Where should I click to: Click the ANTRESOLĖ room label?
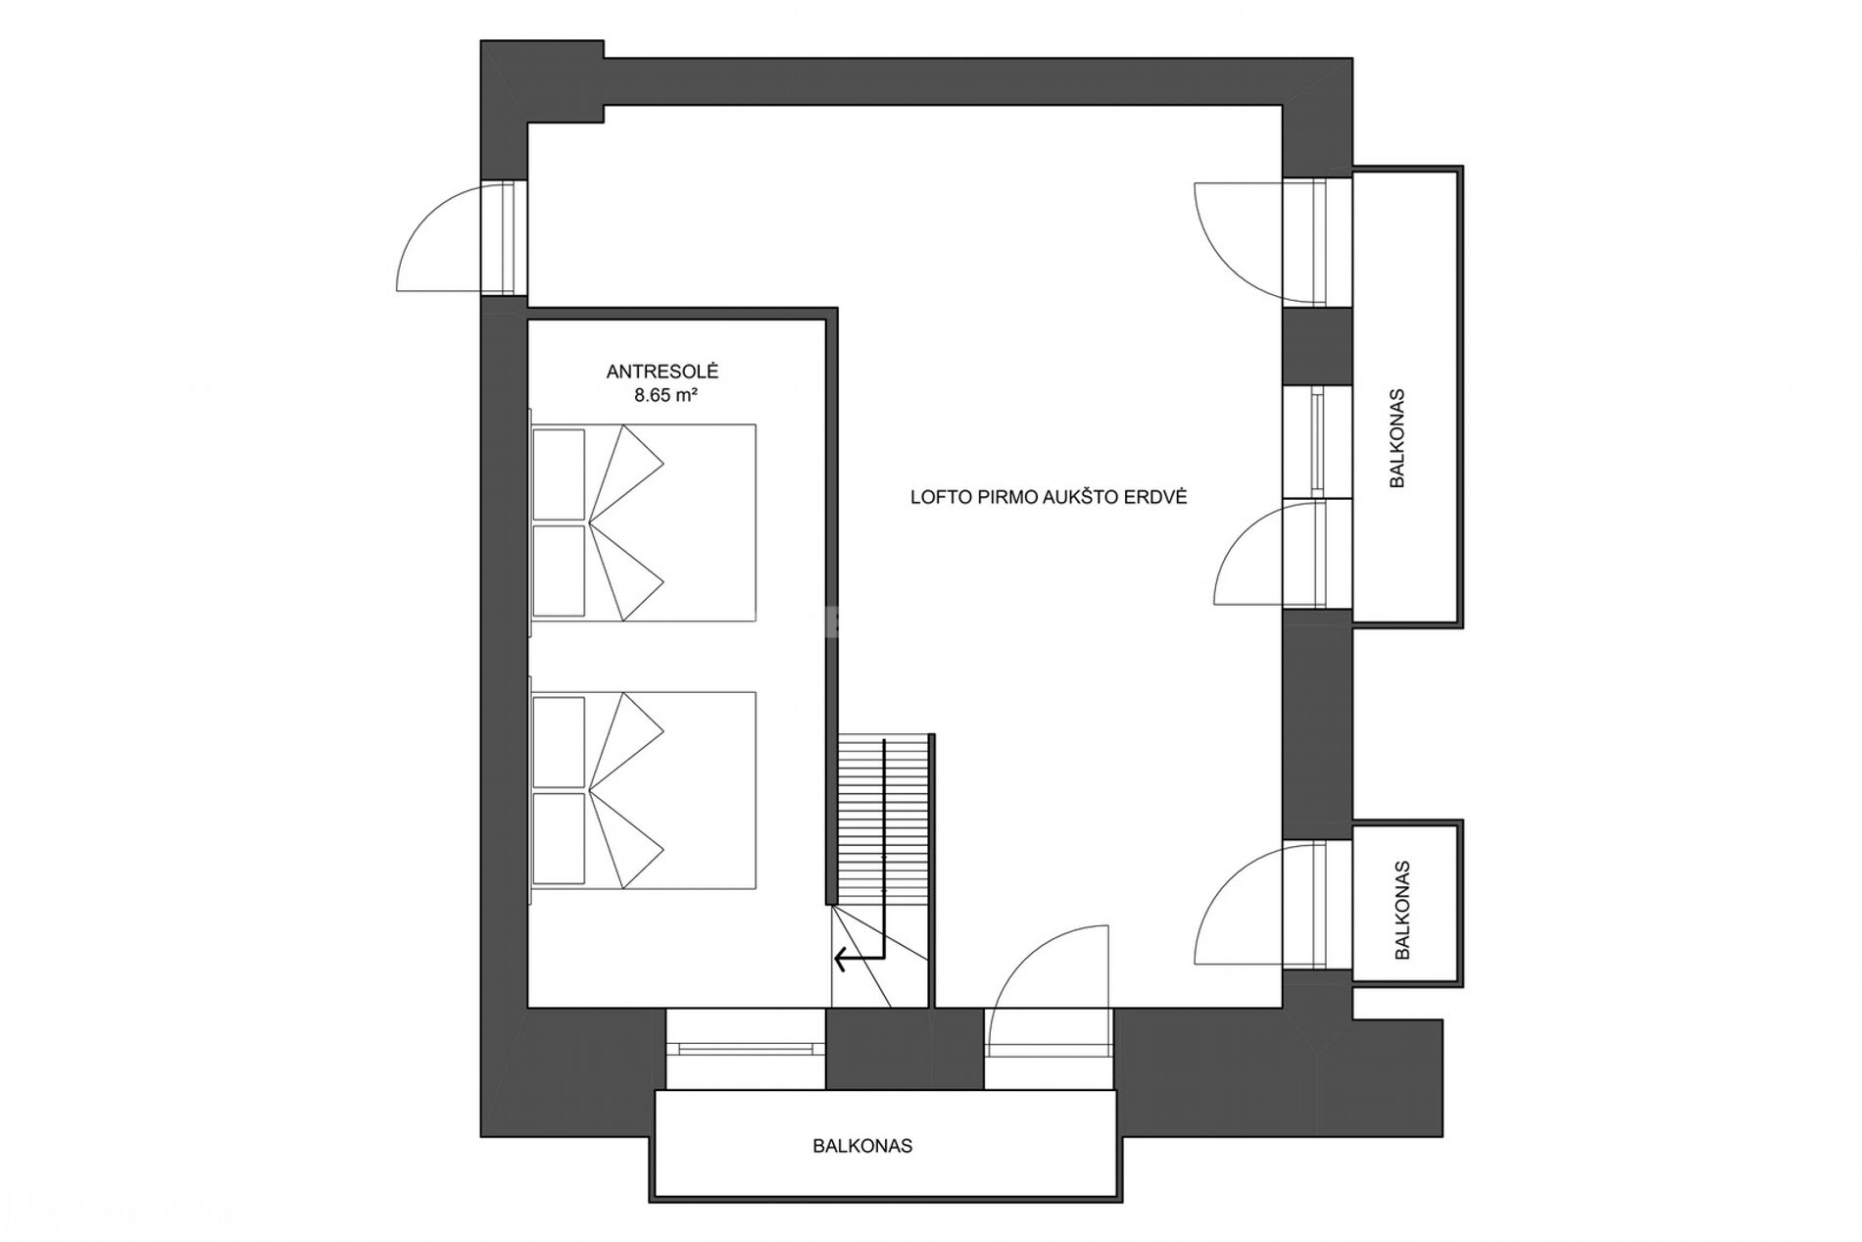[662, 372]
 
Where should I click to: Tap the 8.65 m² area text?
[666, 396]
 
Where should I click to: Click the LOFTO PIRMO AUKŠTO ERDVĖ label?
[1049, 497]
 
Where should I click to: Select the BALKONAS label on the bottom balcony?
[862, 1145]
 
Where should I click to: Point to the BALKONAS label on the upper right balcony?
[1397, 438]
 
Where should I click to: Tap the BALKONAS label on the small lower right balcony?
[1402, 910]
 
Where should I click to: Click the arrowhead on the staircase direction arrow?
[840, 957]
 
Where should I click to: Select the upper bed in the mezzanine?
[643, 522]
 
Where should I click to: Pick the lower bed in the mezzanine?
[643, 790]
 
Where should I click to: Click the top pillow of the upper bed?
[559, 473]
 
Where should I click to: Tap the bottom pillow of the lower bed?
[559, 838]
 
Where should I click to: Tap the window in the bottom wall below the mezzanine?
[745, 1048]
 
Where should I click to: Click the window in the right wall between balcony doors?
[1318, 443]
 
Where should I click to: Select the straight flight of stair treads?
[883, 820]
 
